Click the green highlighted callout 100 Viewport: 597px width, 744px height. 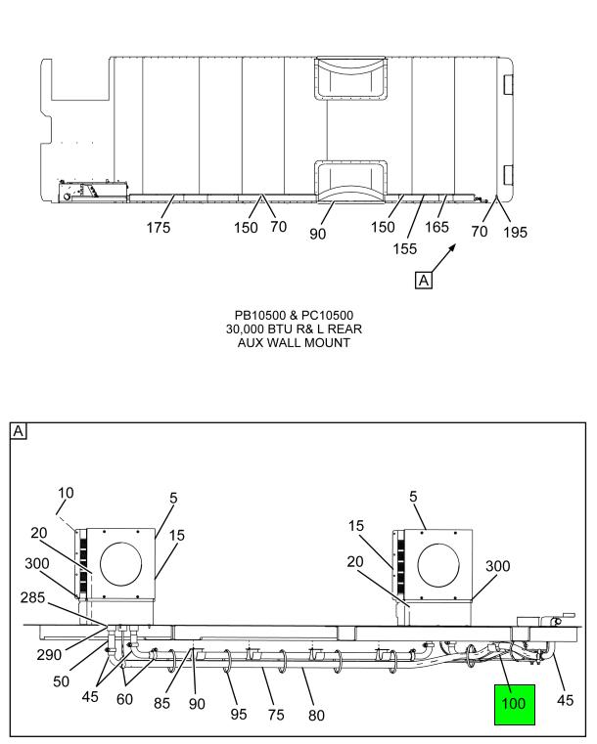pyautogui.click(x=515, y=704)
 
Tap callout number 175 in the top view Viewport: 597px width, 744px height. pyautogui.click(x=159, y=228)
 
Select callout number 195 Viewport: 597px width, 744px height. pyautogui.click(x=516, y=232)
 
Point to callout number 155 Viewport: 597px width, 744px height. pyautogui.click(x=404, y=248)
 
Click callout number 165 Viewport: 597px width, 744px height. pyautogui.click(x=436, y=227)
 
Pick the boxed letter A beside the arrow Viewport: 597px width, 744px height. pyautogui.click(x=423, y=280)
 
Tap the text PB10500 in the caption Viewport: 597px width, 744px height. pyautogui.click(x=259, y=316)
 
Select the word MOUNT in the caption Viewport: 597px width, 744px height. pyautogui.click(x=327, y=342)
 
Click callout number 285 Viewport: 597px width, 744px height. pyautogui.click(x=32, y=597)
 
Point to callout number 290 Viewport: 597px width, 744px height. pyautogui.click(x=49, y=655)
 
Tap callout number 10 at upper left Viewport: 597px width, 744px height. pyautogui.click(x=66, y=493)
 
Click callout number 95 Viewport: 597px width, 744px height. pyautogui.click(x=239, y=714)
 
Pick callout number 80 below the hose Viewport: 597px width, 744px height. pyautogui.click(x=316, y=715)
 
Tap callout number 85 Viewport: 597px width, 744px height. pyautogui.click(x=161, y=703)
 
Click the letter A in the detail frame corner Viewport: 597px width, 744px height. pyautogui.click(x=18, y=431)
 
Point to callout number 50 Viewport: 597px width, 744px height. pyautogui.click(x=62, y=681)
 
